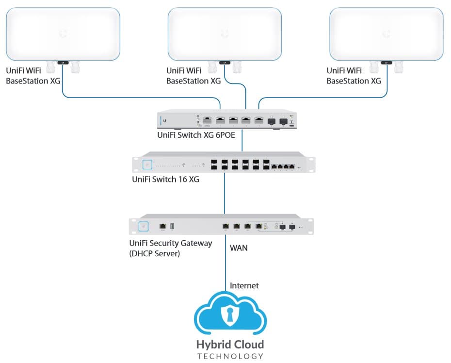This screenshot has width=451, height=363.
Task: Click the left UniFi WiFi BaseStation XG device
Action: pos(63,34)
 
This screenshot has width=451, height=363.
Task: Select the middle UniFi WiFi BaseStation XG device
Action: pos(224,34)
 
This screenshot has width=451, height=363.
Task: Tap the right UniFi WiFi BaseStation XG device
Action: pos(386,34)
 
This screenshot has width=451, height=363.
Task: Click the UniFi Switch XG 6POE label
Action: pos(196,135)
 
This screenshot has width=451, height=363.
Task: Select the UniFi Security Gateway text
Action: pos(170,243)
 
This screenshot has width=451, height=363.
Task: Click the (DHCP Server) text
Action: pos(154,253)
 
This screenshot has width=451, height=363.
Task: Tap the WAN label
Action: pos(239,248)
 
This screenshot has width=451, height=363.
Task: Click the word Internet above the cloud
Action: pos(244,285)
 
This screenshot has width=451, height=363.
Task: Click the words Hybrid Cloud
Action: pos(230,345)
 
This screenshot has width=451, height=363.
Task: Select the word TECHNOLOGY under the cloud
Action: pos(230,356)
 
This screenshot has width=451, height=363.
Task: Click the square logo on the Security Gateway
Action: pos(143,226)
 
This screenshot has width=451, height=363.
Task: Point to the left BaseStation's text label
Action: pos(33,76)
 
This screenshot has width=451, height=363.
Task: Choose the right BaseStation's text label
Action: pos(354,76)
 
